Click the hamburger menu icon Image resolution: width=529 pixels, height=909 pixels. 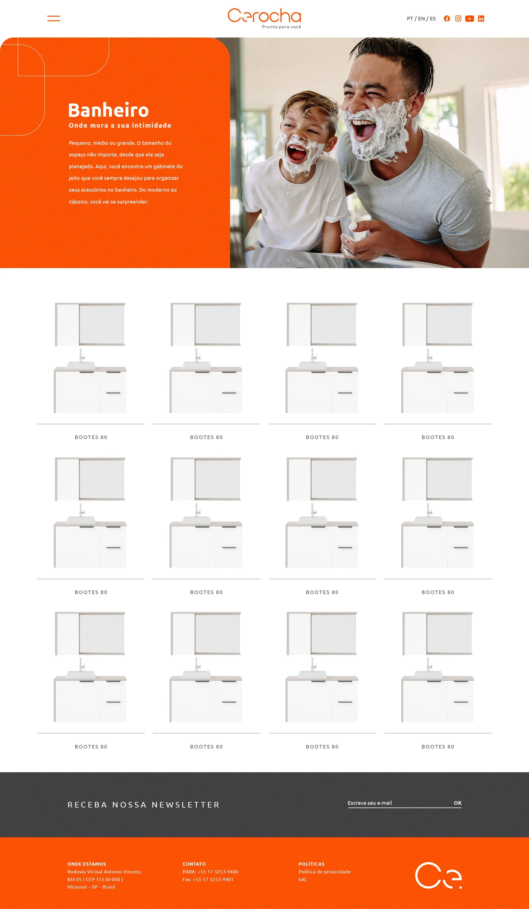pyautogui.click(x=54, y=18)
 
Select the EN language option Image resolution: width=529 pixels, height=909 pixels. pyautogui.click(x=421, y=19)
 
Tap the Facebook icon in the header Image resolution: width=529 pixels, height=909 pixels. pyautogui.click(x=447, y=19)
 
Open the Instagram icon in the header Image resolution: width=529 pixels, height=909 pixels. pyautogui.click(x=458, y=19)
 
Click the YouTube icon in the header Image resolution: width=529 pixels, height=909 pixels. pyautogui.click(x=469, y=19)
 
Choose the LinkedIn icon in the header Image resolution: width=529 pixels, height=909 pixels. pyautogui.click(x=481, y=19)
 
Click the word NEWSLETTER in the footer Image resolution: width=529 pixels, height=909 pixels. pyautogui.click(x=186, y=805)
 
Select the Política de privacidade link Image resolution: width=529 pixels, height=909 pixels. pyautogui.click(x=324, y=872)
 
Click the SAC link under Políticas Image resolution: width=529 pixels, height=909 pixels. pyautogui.click(x=303, y=879)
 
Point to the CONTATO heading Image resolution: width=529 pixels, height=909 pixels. pyautogui.click(x=194, y=864)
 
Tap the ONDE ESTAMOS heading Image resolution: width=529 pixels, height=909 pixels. pyautogui.click(x=87, y=864)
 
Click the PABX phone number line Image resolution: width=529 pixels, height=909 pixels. pyautogui.click(x=210, y=872)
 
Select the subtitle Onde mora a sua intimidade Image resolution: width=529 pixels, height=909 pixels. pyautogui.click(x=120, y=125)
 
